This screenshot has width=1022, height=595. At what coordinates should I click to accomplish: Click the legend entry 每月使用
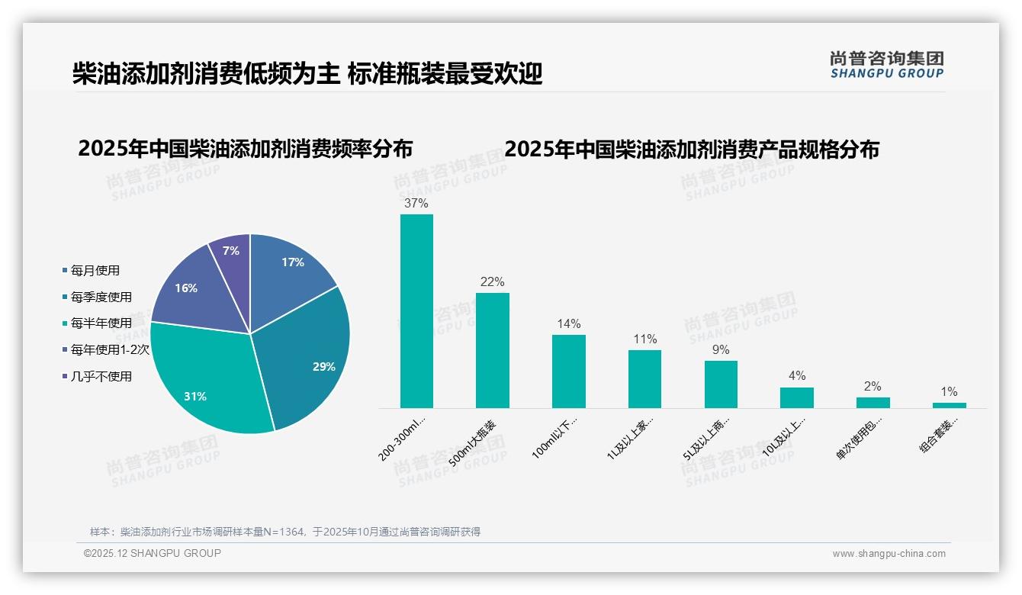(x=95, y=271)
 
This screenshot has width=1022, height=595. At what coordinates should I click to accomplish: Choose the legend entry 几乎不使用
(x=101, y=377)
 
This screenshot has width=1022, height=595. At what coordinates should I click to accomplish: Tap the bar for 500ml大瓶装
(x=492, y=350)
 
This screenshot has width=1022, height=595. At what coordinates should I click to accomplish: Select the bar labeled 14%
(x=568, y=371)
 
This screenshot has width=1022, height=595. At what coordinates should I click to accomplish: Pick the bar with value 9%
(x=721, y=384)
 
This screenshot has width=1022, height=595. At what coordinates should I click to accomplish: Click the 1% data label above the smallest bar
(x=949, y=392)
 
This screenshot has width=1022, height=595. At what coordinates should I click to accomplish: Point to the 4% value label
(x=796, y=376)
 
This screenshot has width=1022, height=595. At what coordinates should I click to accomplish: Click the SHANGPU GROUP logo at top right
(x=886, y=65)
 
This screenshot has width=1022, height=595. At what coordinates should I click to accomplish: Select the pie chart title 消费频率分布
(x=245, y=149)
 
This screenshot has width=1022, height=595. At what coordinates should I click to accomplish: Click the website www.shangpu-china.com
(x=889, y=554)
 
